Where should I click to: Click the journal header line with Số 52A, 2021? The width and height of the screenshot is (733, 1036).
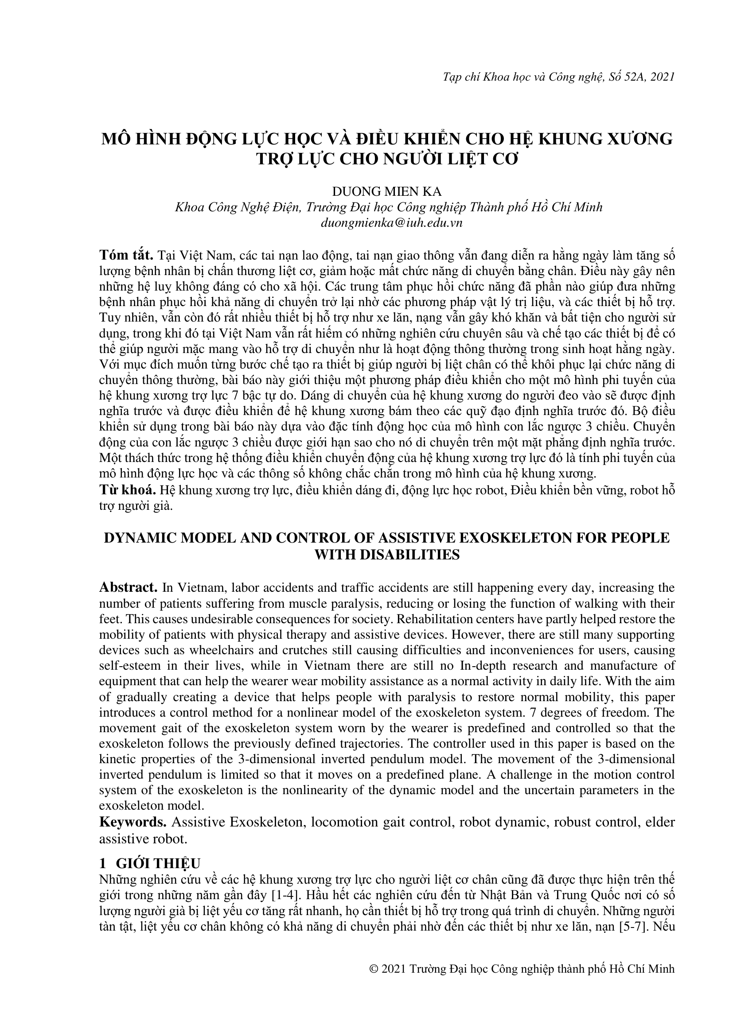pyautogui.click(x=558, y=77)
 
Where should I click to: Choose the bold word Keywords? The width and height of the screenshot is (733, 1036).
pyautogui.click(x=133, y=822)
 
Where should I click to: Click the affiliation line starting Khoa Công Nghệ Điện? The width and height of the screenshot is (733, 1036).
pyautogui.click(x=389, y=207)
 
